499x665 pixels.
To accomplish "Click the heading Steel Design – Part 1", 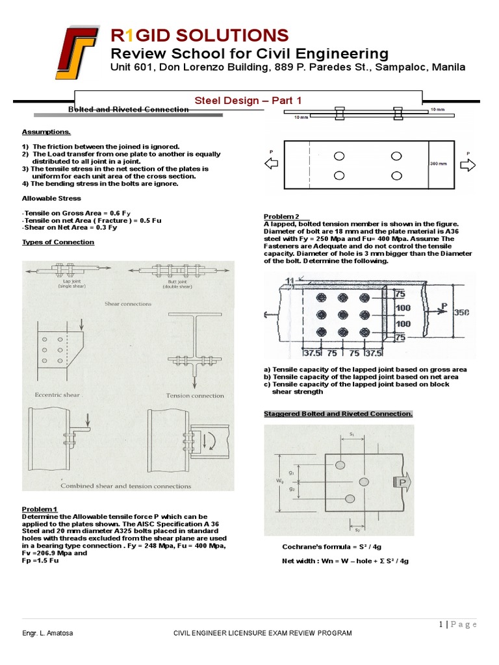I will point(248,99).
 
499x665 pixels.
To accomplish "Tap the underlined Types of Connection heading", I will point(58,242).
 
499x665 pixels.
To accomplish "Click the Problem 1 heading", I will point(40,508).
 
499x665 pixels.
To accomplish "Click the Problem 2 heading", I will point(281,216).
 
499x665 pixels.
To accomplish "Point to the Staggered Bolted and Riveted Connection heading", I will point(338,414).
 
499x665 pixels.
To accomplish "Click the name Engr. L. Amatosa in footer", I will point(47,633).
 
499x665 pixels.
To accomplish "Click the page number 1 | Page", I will point(457,624).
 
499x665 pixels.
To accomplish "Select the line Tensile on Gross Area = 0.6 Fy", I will point(77,212).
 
